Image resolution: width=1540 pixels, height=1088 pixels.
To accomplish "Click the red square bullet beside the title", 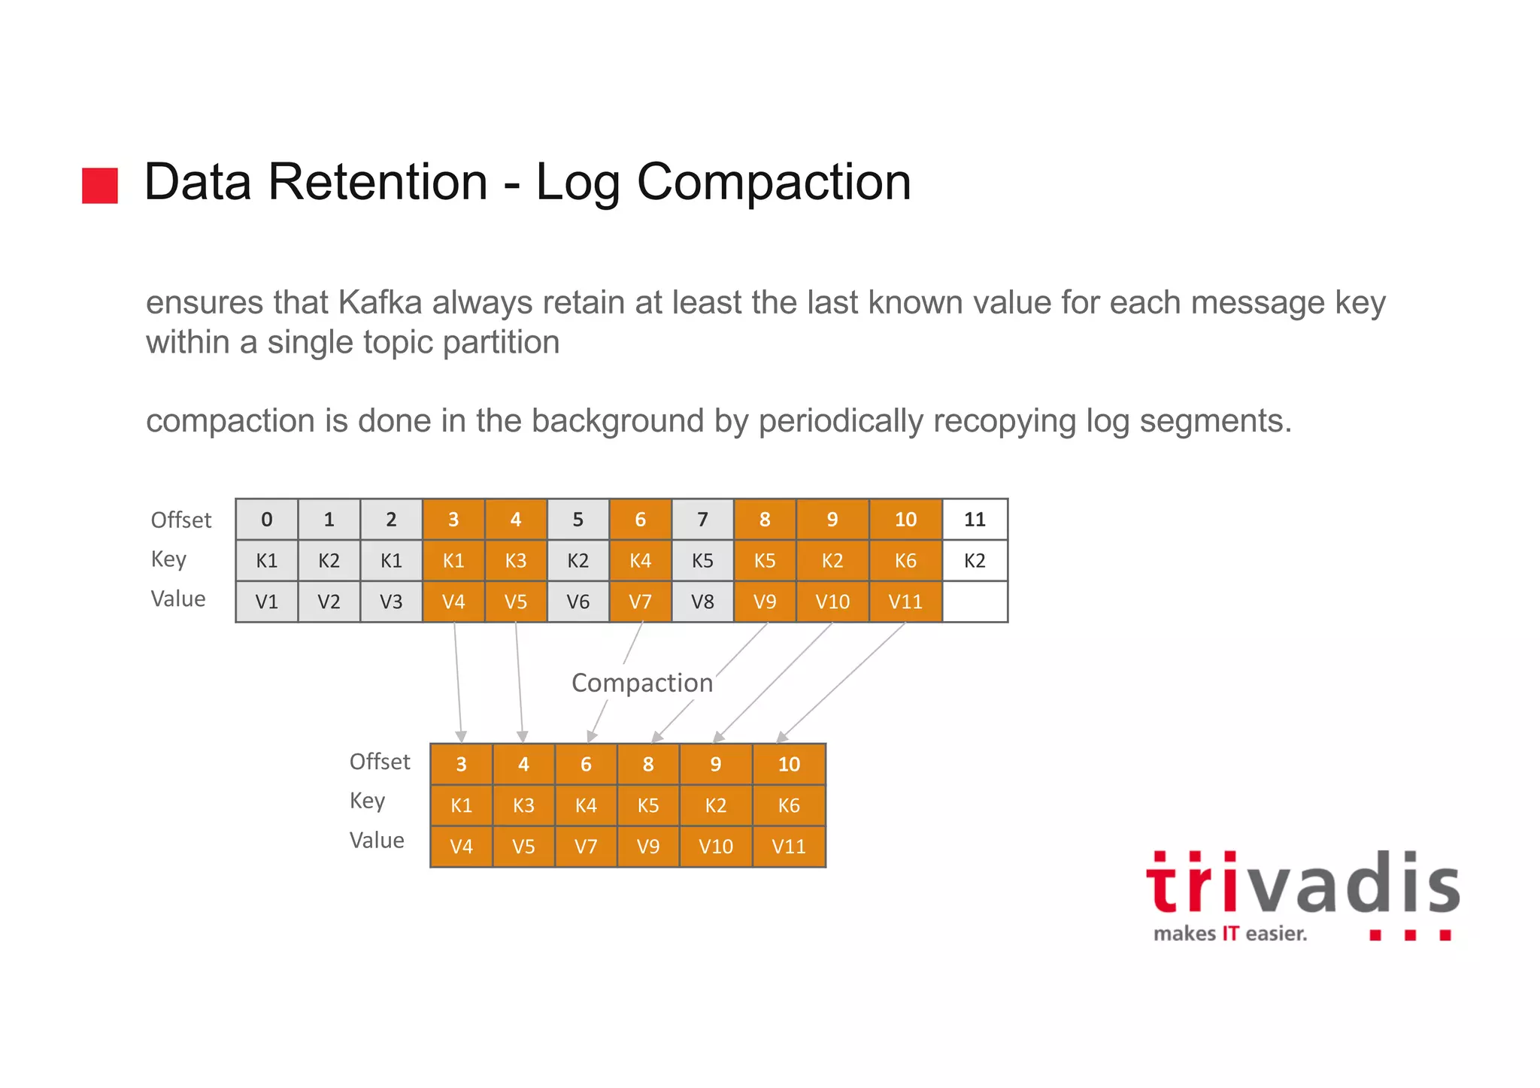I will (x=100, y=185).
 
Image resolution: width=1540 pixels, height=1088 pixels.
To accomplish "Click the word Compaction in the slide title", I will (x=774, y=183).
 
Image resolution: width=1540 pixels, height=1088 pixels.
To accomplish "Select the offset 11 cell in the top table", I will (x=975, y=520).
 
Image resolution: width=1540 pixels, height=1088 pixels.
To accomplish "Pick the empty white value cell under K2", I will (x=975, y=602).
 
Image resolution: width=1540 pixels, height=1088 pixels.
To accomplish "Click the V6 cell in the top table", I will (x=577, y=602).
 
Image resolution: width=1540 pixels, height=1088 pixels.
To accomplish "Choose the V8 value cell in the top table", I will (x=702, y=602).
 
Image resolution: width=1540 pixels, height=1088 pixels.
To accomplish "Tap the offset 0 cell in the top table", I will (x=267, y=520).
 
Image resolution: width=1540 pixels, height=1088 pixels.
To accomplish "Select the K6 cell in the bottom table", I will (x=789, y=805).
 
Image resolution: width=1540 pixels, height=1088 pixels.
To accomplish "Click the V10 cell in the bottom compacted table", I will (x=715, y=847).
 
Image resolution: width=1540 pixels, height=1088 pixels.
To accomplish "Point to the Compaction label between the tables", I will (x=642, y=683).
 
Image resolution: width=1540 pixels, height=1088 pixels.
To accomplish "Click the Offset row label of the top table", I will (x=181, y=520).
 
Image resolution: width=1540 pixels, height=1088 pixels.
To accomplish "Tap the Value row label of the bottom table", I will (x=377, y=840).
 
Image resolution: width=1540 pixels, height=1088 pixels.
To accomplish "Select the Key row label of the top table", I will (x=168, y=559).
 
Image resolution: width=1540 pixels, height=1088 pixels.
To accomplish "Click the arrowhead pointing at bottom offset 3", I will (x=461, y=736).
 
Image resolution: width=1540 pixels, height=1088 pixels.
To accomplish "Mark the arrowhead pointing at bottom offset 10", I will (x=782, y=737).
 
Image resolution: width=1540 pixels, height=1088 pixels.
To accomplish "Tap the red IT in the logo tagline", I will (x=1230, y=934).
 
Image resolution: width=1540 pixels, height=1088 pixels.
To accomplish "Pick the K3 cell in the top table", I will (x=516, y=561).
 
